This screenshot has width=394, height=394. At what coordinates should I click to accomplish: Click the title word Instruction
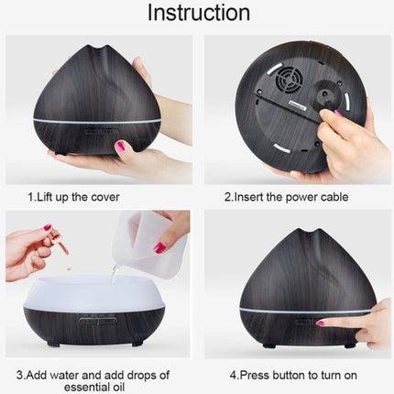pyautogui.click(x=198, y=13)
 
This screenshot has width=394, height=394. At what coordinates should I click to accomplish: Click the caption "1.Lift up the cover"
pyautogui.click(x=73, y=196)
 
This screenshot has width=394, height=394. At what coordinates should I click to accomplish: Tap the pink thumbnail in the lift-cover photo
pyautogui.click(x=120, y=146)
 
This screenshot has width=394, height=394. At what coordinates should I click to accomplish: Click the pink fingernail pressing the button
pyautogui.click(x=320, y=323)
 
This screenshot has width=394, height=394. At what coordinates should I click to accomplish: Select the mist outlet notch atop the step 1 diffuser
pyautogui.click(x=95, y=47)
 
